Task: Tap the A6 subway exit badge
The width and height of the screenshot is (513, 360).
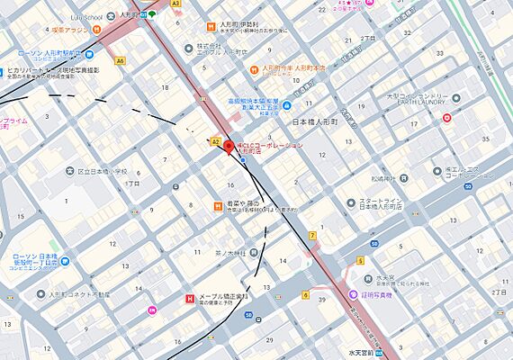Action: [121, 61]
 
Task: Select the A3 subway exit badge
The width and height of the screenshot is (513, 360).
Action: [175, 4]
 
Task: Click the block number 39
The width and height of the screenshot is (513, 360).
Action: [320, 298]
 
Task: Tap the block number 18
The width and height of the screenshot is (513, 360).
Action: [165, 86]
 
